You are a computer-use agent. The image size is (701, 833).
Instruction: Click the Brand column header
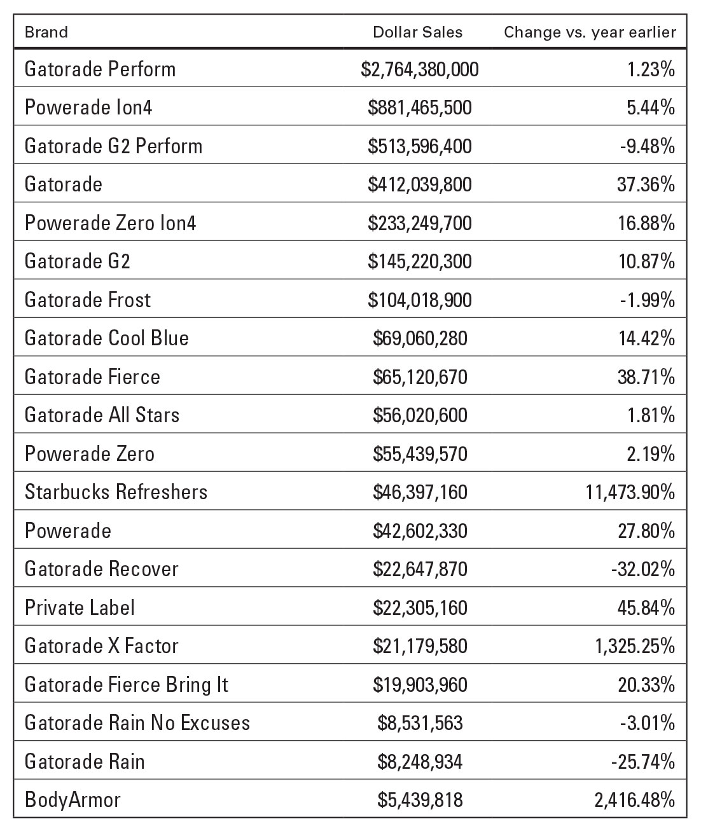click(46, 32)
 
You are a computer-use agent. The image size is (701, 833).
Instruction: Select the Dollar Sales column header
click(417, 32)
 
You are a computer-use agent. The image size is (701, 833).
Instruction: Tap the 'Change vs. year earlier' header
click(590, 32)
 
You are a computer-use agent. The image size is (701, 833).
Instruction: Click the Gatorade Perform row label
click(100, 69)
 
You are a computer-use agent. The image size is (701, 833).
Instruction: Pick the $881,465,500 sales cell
click(420, 107)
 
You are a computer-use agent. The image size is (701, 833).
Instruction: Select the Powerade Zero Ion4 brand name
click(110, 223)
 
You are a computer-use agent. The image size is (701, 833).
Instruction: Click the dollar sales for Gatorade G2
click(420, 261)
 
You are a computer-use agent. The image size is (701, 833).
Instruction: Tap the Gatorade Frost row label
click(88, 300)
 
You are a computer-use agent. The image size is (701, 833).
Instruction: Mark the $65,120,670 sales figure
click(420, 377)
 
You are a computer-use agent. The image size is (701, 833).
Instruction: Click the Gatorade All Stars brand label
click(102, 415)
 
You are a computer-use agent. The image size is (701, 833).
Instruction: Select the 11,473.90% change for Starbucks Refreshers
click(630, 492)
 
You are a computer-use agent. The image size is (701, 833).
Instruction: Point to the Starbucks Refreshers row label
click(116, 492)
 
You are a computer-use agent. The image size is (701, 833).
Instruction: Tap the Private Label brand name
click(80, 608)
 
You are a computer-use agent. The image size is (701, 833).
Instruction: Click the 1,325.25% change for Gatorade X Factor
click(635, 646)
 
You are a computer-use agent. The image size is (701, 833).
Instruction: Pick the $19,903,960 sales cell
click(420, 685)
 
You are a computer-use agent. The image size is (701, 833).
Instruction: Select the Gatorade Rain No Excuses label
click(137, 723)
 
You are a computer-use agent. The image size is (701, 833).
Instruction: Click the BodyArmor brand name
click(73, 800)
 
